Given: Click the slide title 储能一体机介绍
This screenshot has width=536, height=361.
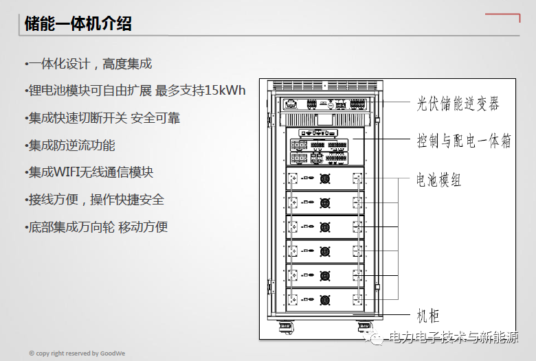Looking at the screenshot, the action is (78, 23).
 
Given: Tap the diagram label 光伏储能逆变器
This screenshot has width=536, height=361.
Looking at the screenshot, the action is (458, 104).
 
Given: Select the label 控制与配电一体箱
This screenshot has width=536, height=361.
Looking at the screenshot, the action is (464, 141).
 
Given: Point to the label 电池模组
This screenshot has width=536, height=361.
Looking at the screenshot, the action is (438, 179).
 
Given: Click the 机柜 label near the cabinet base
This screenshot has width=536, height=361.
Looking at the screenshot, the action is (427, 316).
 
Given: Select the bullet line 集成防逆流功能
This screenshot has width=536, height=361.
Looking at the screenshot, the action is (69, 145).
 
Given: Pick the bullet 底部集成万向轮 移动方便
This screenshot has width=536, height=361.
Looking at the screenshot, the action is (96, 226).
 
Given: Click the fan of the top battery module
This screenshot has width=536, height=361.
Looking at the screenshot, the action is (325, 178).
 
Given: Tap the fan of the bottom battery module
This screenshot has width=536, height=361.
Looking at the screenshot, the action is (325, 300).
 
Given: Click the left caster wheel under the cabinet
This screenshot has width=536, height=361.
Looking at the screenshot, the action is (286, 327).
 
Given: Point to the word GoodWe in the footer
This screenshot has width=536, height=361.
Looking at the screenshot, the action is (113, 353).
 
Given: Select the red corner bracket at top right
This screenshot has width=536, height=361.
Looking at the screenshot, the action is (503, 16).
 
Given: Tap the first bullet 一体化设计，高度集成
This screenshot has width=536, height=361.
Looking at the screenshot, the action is (88, 64).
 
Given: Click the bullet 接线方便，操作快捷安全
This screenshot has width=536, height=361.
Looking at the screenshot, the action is (94, 200).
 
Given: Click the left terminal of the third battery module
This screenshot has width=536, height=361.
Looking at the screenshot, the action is (292, 226).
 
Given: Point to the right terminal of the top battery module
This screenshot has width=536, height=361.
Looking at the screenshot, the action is (357, 178).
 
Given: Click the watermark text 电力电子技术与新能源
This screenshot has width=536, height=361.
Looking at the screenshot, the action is (454, 337).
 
